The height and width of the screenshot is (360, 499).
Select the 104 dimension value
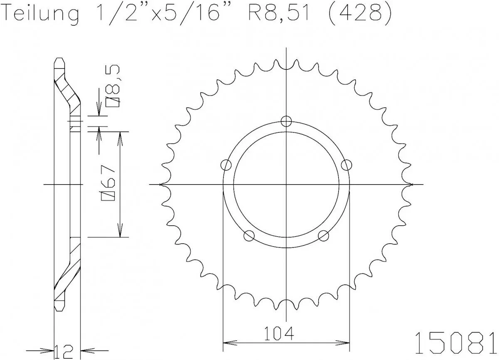click(278, 333)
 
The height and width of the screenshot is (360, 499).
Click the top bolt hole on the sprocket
click(286, 121)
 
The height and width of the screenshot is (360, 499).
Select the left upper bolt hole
click(226, 165)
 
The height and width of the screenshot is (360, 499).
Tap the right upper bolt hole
click(346, 165)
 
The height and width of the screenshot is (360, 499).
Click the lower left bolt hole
click(249, 236)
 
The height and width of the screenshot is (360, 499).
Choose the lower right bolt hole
click(323, 236)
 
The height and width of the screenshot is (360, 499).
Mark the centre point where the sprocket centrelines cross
click(286, 184)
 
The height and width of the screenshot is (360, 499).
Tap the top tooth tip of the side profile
click(60, 60)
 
